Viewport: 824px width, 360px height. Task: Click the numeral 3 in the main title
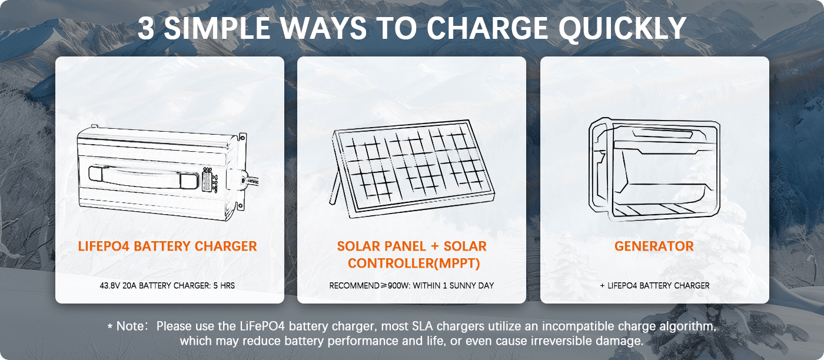147,28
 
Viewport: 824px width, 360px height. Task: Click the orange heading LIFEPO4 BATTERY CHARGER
167,246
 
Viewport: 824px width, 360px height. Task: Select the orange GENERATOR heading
654,246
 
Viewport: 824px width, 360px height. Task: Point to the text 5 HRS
225,286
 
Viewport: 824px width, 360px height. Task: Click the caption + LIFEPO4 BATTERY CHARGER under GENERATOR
654,286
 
